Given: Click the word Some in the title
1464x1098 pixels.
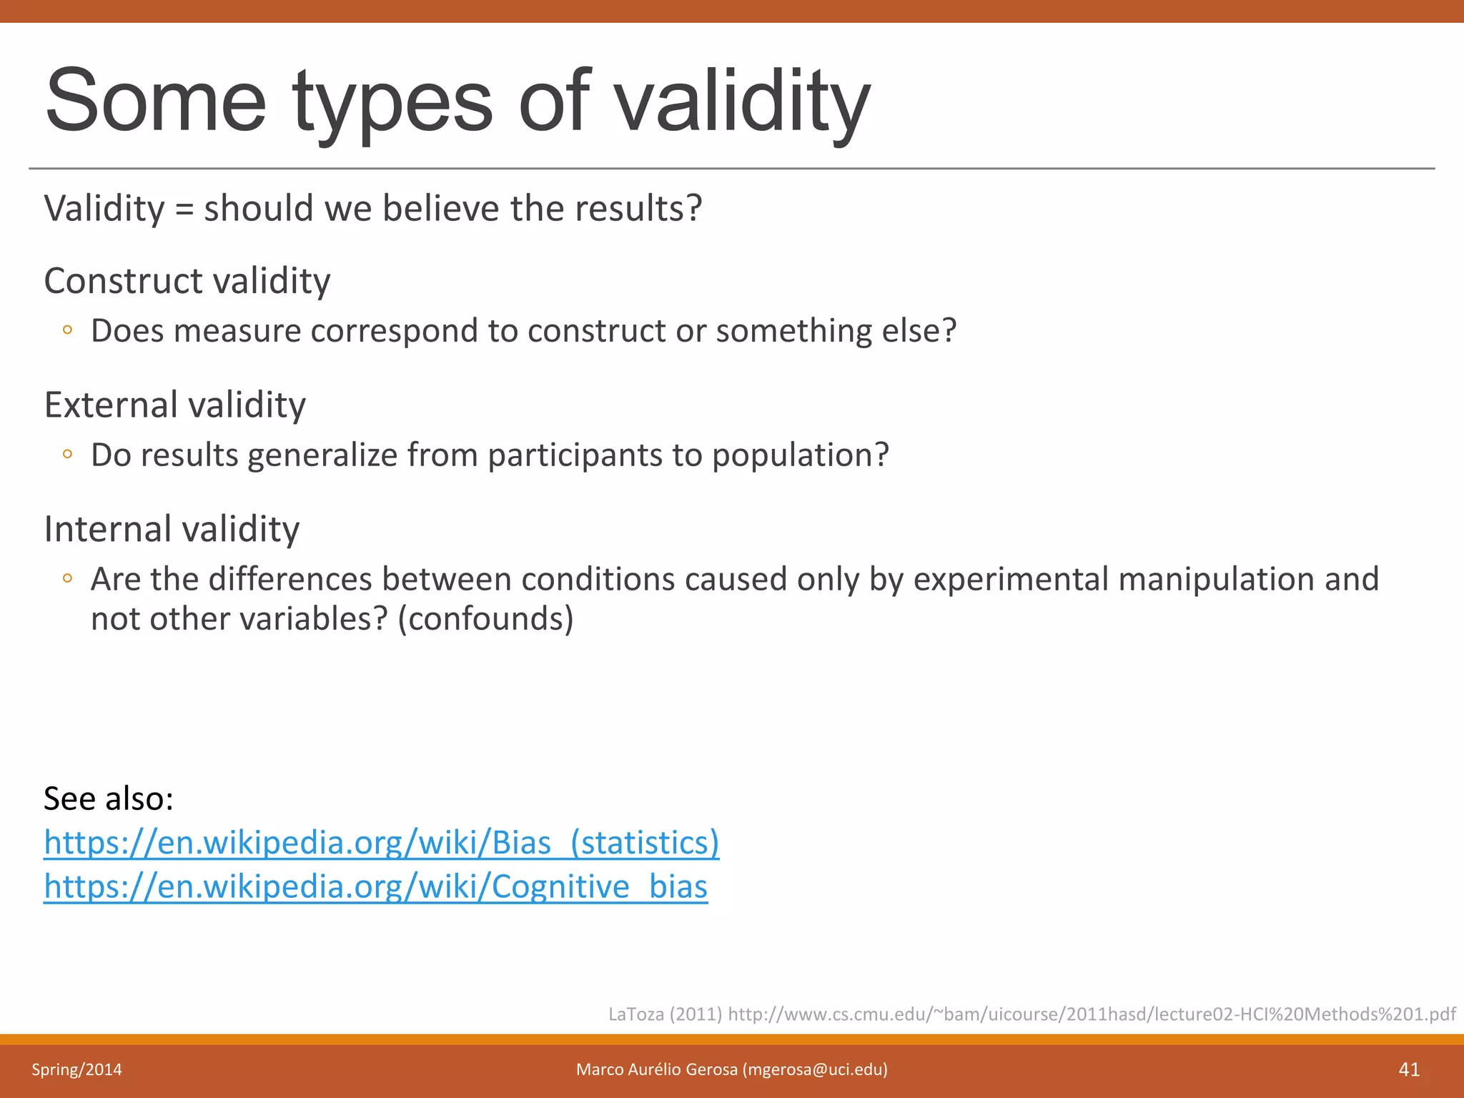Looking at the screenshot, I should click(155, 102).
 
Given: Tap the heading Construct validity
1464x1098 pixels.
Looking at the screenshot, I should click(187, 281).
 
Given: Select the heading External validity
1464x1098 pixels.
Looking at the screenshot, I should click(175, 405).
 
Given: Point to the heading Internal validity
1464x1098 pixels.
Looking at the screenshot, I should click(172, 530).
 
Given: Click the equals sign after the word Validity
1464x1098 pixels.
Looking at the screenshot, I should click(184, 209).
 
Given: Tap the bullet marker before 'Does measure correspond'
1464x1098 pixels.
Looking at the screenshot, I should click(67, 330).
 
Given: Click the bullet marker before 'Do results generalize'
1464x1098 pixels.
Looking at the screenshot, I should click(67, 455).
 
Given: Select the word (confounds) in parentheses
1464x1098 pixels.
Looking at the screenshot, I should click(485, 619).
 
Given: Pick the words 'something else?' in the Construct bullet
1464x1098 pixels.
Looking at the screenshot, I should click(836, 331).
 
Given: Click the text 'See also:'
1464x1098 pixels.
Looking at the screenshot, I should click(109, 798).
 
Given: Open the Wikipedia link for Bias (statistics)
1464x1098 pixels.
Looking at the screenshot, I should click(381, 843).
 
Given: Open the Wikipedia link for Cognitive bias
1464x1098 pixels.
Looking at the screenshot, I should click(375, 887).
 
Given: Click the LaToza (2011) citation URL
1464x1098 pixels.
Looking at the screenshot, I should click(1091, 1014).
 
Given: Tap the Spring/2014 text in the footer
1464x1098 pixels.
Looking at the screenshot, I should click(76, 1069).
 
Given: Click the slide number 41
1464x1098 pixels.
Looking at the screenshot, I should click(1408, 1069).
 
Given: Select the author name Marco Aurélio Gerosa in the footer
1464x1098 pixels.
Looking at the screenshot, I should click(656, 1069).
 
